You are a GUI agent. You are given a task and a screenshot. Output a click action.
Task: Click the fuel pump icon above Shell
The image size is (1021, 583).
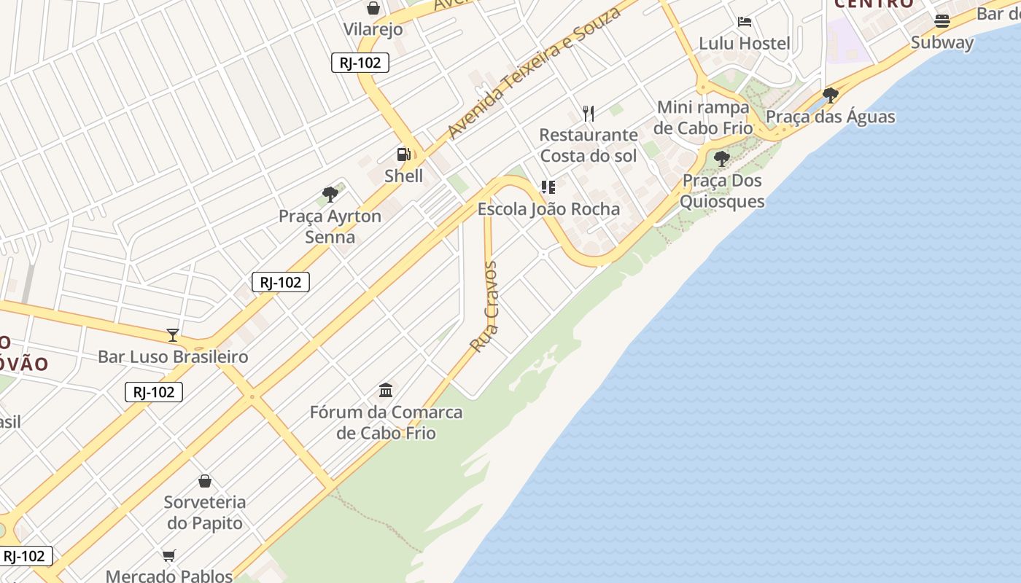403,154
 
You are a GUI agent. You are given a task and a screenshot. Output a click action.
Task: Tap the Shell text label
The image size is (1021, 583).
403,176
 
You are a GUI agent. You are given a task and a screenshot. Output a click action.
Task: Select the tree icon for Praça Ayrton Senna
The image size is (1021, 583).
330,195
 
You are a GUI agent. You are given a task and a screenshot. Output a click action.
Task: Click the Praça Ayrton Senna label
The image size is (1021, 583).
330,227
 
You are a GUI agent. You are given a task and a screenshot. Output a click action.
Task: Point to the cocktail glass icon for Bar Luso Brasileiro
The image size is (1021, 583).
173,335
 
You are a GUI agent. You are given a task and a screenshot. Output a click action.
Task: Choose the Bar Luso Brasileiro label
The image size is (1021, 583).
173,356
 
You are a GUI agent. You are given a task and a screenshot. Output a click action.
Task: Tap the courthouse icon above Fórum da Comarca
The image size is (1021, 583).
386,390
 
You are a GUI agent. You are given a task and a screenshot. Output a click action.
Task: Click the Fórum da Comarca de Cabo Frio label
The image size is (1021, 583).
386,423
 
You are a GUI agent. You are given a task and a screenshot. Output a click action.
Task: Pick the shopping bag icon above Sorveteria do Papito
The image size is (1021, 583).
205,481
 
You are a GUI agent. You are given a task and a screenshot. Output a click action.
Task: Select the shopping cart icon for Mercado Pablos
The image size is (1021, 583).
169,555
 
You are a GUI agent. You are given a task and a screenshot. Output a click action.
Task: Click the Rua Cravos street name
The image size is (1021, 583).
484,307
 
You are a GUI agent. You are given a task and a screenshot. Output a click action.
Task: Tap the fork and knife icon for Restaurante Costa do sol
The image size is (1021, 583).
589,113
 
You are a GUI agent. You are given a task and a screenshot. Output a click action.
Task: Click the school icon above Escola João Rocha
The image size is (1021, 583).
548,187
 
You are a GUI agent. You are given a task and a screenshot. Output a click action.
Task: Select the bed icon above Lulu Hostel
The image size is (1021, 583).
745,22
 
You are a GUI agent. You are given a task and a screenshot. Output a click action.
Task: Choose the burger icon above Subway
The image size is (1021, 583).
942,21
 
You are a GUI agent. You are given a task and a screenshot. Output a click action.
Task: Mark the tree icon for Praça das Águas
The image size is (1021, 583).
830,95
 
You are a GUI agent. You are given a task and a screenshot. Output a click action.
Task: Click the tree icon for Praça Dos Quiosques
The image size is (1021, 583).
722,158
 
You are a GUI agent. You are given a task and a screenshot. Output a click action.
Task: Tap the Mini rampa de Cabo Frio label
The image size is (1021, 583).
703,117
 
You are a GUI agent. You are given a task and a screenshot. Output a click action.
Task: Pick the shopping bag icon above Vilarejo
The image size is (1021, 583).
373,8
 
